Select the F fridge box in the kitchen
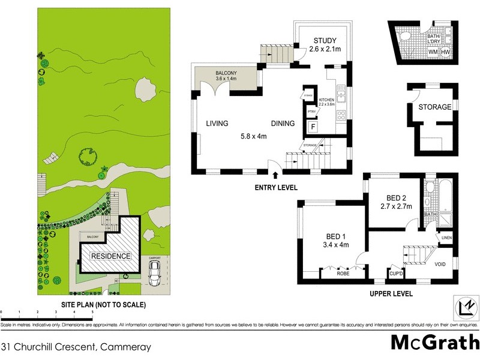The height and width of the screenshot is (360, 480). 312,127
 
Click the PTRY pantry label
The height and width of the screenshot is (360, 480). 311,112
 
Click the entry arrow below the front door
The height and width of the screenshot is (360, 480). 275,175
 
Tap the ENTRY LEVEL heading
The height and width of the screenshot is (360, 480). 275,188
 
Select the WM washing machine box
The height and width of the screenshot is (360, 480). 433,52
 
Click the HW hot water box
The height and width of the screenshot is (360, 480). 446,52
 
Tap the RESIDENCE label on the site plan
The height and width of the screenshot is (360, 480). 110,256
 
